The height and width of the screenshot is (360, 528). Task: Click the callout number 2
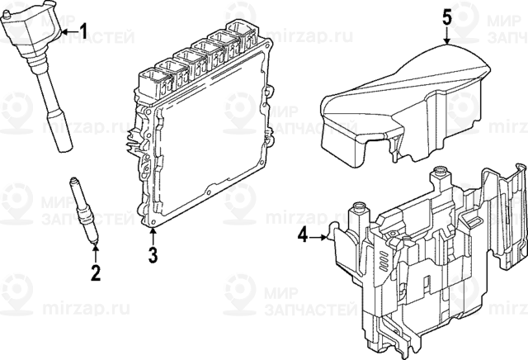[96, 272]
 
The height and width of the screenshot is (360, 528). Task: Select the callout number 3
[153, 255]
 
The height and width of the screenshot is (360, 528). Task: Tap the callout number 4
[302, 237]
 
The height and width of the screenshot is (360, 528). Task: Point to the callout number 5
[445, 16]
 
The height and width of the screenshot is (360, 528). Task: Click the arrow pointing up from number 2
[96, 252]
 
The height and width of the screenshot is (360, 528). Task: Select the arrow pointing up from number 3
[153, 236]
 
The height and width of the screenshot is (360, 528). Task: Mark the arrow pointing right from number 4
[319, 237]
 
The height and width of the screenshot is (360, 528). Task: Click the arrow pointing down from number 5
[445, 35]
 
